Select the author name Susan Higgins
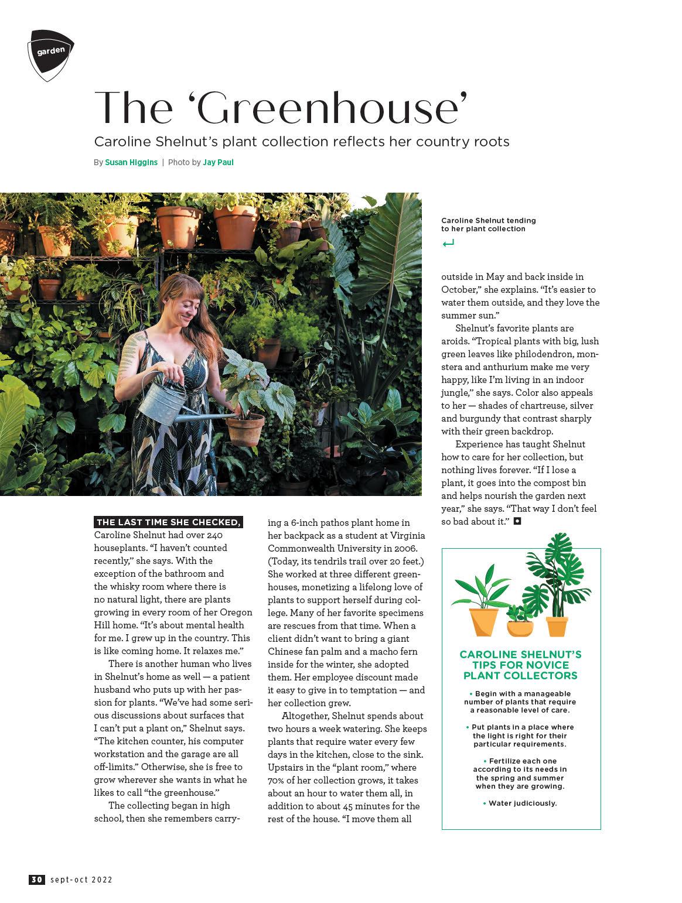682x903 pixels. (x=131, y=162)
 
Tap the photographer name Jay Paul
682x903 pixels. (x=218, y=162)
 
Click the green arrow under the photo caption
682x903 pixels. (x=448, y=243)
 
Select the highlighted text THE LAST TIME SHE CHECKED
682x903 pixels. (x=168, y=522)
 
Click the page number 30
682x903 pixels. (x=36, y=879)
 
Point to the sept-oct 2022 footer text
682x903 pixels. (x=81, y=879)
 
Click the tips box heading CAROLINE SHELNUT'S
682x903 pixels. (x=520, y=654)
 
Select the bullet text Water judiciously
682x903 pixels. (x=522, y=803)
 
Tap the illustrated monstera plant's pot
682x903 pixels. (x=557, y=625)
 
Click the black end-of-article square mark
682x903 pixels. (x=517, y=521)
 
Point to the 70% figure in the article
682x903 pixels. (x=277, y=780)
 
